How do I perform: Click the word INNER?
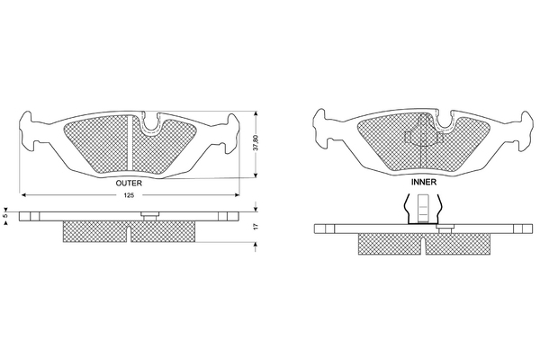tap(425, 181)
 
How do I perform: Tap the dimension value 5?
tap(5, 216)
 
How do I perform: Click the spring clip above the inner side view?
tap(424, 210)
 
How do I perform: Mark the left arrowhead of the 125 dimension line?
tap(24, 195)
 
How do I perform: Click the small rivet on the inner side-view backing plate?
tap(442, 229)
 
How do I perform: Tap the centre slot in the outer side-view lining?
tap(130, 233)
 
